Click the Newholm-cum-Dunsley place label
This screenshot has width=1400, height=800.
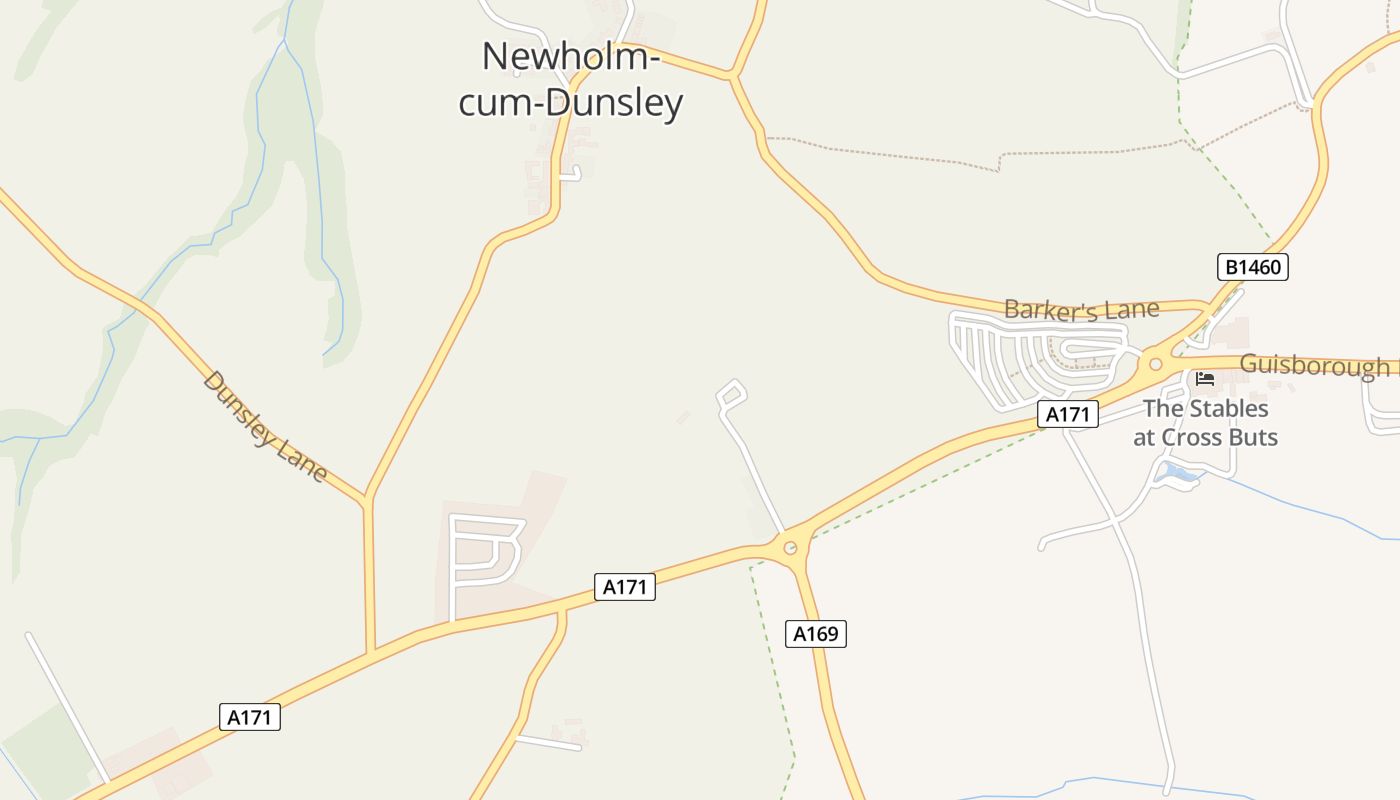pyautogui.click(x=571, y=80)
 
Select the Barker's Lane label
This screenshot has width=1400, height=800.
pyautogui.click(x=1081, y=309)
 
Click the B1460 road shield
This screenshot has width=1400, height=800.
pyautogui.click(x=1252, y=267)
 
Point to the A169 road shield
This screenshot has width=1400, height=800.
pyautogui.click(x=815, y=633)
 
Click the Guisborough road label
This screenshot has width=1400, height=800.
pyautogui.click(x=1314, y=366)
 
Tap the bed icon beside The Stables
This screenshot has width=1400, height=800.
pyautogui.click(x=1204, y=379)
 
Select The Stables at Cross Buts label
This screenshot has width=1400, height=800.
pyautogui.click(x=1205, y=423)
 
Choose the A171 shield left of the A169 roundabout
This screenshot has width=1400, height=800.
pyautogui.click(x=625, y=587)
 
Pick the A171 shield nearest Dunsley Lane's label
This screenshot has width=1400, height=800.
pyautogui.click(x=250, y=717)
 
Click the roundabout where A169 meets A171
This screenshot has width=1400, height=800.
pyautogui.click(x=790, y=547)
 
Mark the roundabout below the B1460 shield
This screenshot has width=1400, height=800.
pyautogui.click(x=1156, y=364)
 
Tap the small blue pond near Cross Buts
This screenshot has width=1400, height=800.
pyautogui.click(x=1176, y=473)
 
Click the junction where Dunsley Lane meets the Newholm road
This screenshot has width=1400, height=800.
pyautogui.click(x=367, y=498)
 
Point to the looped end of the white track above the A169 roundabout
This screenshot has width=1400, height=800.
pyautogui.click(x=733, y=392)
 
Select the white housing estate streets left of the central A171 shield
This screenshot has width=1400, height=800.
pyautogui.click(x=486, y=556)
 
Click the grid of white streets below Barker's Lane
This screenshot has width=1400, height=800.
pyautogui.click(x=1030, y=356)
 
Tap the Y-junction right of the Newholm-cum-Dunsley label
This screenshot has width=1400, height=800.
pyautogui.click(x=733, y=75)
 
